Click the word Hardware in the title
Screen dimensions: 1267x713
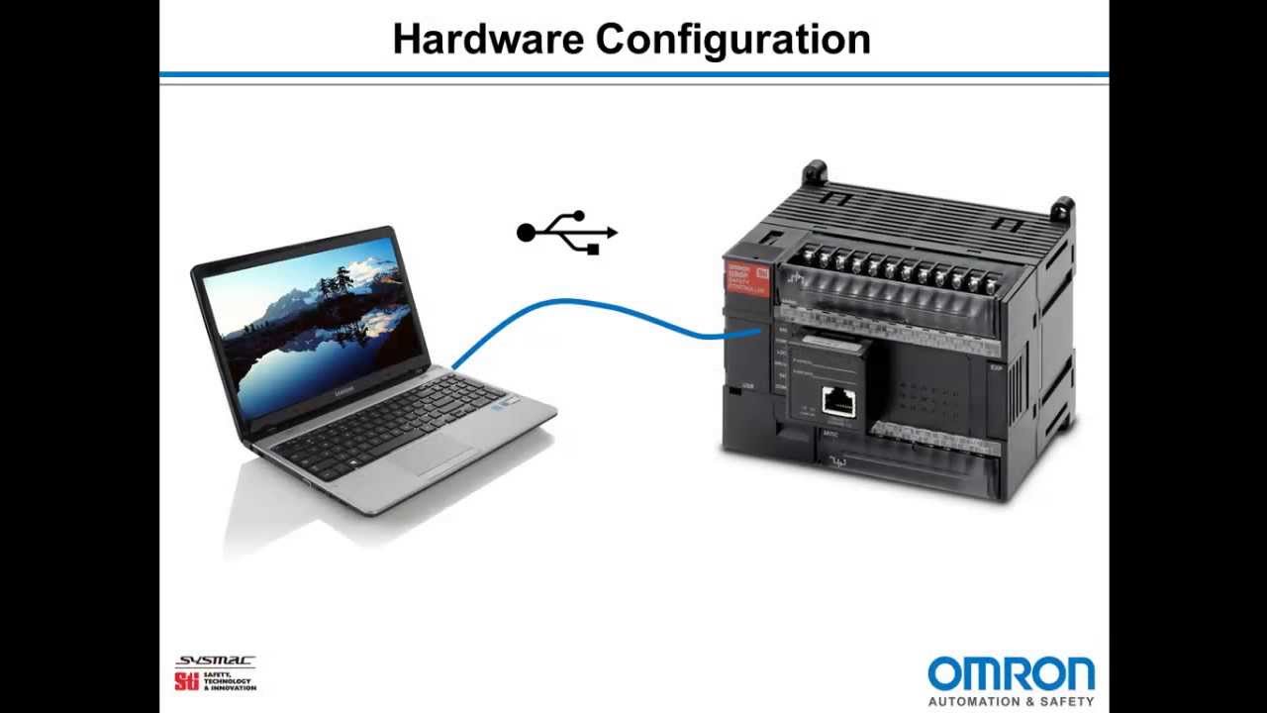pyautogui.click(x=488, y=40)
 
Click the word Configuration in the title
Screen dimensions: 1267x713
pyautogui.click(x=733, y=40)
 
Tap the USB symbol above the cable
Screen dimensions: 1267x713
pyautogui.click(x=566, y=233)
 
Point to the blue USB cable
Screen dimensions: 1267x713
pyautogui.click(x=594, y=308)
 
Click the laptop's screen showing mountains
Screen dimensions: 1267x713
pyautogui.click(x=315, y=327)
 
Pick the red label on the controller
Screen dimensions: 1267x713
pyautogui.click(x=746, y=278)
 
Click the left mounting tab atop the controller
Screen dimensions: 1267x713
pyautogui.click(x=815, y=172)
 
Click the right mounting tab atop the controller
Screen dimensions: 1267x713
pyautogui.click(x=1062, y=208)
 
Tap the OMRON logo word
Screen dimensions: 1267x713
pyautogui.click(x=1011, y=674)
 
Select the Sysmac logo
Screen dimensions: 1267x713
pyautogui.click(x=215, y=661)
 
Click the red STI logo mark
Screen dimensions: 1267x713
pyautogui.click(x=186, y=680)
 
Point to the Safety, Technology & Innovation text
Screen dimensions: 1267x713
pyautogui.click(x=229, y=681)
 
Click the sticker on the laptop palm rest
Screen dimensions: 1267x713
pyautogui.click(x=508, y=404)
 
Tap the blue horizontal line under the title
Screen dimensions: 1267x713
pyautogui.click(x=633, y=74)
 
